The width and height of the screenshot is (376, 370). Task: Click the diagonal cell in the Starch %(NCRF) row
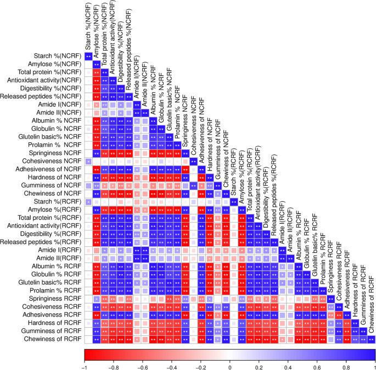pyautogui.click(x=88, y=56)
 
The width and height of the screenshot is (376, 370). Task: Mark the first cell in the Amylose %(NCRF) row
pyautogui.click(x=88, y=64)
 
